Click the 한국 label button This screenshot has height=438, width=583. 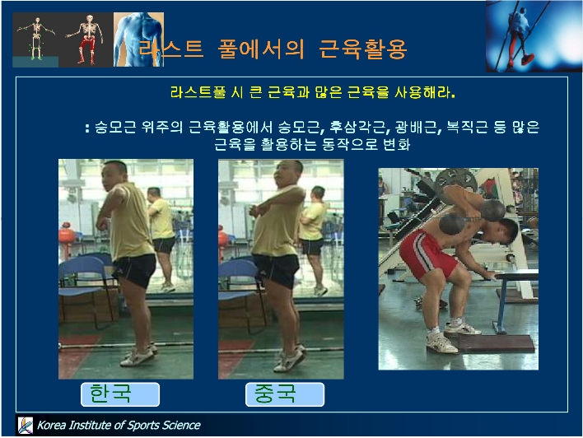click(x=120, y=394)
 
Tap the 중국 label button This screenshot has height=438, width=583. click(x=285, y=394)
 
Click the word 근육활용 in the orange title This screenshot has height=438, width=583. click(x=363, y=49)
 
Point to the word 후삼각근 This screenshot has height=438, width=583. click(x=359, y=127)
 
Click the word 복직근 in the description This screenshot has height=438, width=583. click(x=467, y=127)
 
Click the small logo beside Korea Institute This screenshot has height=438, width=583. click(x=26, y=425)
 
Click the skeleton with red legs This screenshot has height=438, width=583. click(x=86, y=39)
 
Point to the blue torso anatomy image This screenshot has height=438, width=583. click(x=138, y=40)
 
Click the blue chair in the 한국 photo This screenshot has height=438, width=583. click(x=86, y=282)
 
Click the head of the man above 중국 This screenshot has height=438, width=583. click(x=287, y=173)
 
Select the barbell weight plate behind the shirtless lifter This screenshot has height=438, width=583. click(x=456, y=180)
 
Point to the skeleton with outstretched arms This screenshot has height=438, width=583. click(x=35, y=38)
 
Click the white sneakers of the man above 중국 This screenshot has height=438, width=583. click(x=290, y=359)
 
